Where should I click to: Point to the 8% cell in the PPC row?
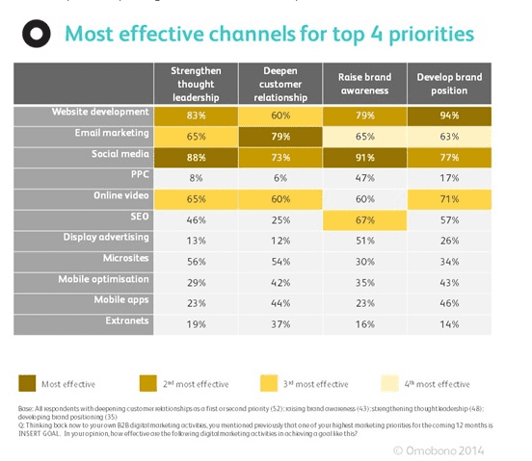196,178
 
